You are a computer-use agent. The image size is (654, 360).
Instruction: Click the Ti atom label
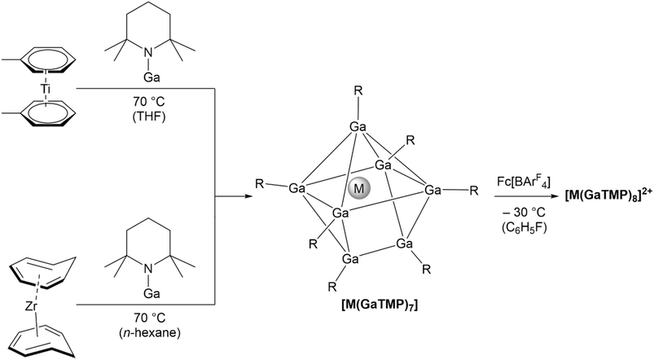(x=46, y=89)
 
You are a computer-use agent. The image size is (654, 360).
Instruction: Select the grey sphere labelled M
(x=358, y=188)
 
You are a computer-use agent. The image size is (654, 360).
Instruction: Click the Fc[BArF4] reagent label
(x=523, y=182)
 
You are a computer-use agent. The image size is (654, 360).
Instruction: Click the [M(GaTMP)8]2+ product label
(x=609, y=195)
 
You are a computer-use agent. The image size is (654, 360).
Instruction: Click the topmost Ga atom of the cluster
(x=358, y=127)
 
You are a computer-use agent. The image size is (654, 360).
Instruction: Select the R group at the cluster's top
(x=358, y=90)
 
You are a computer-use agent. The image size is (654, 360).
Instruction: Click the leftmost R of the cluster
(x=260, y=184)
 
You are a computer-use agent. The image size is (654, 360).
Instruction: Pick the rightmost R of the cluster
(x=474, y=191)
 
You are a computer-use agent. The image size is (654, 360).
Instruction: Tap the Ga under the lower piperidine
(x=151, y=294)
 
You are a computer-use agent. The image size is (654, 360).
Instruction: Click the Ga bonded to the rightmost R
(x=433, y=191)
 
